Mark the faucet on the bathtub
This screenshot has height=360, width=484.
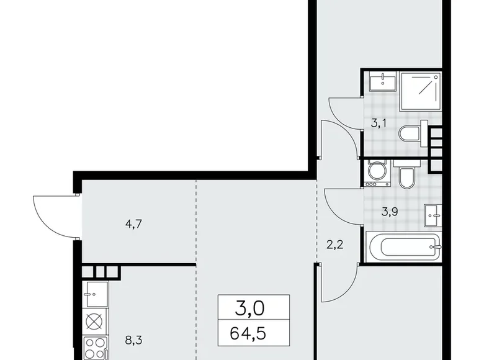click(x=437, y=248)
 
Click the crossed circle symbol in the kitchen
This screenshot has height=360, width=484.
click(x=95, y=322)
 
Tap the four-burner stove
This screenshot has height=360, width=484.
click(x=95, y=348)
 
